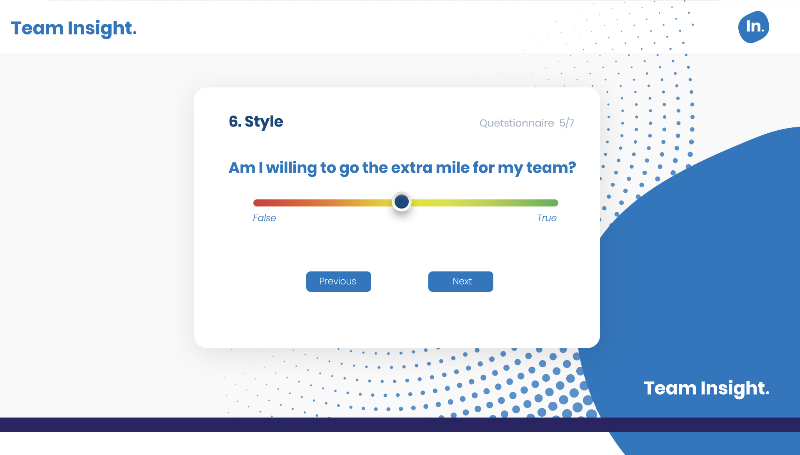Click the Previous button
coord(338,281)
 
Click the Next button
coord(460,281)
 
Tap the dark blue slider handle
coord(402,202)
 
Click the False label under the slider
coord(264,218)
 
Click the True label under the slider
coord(547,218)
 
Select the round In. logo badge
coord(754,27)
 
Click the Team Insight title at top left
coord(74,28)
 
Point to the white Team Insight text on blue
coord(707,388)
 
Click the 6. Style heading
coord(256,122)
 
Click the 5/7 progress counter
coord(567,123)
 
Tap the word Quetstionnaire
coord(517,123)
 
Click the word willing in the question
coord(291,168)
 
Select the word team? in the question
coord(551,168)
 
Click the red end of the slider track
coord(256,203)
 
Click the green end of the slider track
coord(555,203)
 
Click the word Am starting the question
coord(242,168)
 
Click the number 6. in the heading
coord(235,122)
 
